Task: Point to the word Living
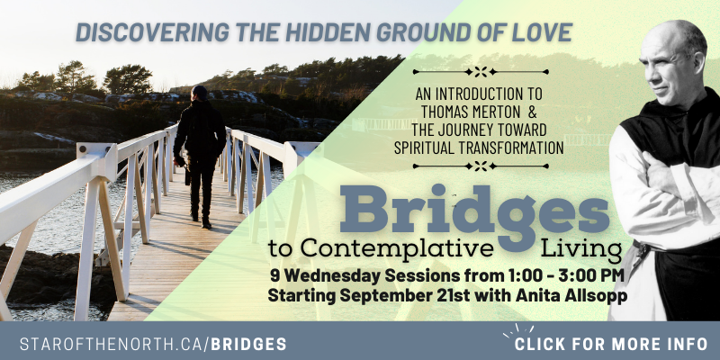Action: (581, 250)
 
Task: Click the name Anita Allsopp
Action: (571, 296)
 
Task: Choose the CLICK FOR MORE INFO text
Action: (611, 344)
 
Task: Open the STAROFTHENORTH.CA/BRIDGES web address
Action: (153, 344)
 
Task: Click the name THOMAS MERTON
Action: (470, 112)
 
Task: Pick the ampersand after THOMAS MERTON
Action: (532, 112)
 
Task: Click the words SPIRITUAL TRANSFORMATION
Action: (479, 148)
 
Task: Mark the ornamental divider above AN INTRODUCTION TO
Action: (481, 72)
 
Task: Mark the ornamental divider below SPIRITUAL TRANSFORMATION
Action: (481, 166)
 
